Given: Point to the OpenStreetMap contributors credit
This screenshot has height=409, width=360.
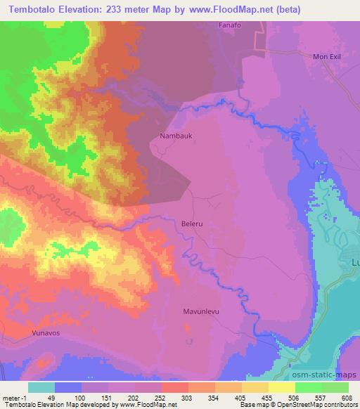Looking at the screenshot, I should tap(319, 405).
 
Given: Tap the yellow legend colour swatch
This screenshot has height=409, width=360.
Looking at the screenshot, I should tap(281, 388).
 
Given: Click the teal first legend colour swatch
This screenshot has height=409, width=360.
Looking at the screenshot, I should tap(41, 388).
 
